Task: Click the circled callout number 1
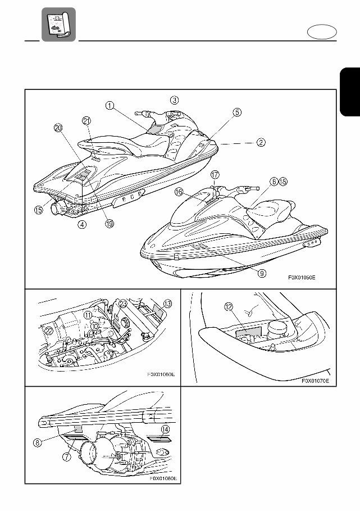click(110, 105)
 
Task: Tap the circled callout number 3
click(175, 100)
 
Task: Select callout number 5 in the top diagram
click(237, 112)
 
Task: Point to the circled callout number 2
click(261, 142)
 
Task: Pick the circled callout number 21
click(86, 120)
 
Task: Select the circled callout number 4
click(82, 224)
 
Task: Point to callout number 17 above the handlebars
click(215, 175)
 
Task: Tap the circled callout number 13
click(168, 304)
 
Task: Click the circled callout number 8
click(37, 442)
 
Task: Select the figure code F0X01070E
click(315, 381)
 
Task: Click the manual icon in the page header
click(58, 24)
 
